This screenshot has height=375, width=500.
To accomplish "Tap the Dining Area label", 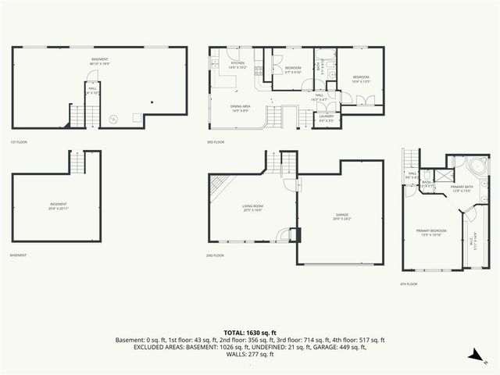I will pos(240,108).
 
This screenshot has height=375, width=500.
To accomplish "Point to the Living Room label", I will pos(252,207).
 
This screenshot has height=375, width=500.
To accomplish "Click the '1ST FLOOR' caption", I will pos(19,142).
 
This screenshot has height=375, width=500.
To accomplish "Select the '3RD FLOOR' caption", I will pos(216,142).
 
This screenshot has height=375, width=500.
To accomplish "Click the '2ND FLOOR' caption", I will pos(215,255).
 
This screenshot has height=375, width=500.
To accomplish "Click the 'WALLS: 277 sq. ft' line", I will pos(250,354).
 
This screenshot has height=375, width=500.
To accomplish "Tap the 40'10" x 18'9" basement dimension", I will pos(99,63).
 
